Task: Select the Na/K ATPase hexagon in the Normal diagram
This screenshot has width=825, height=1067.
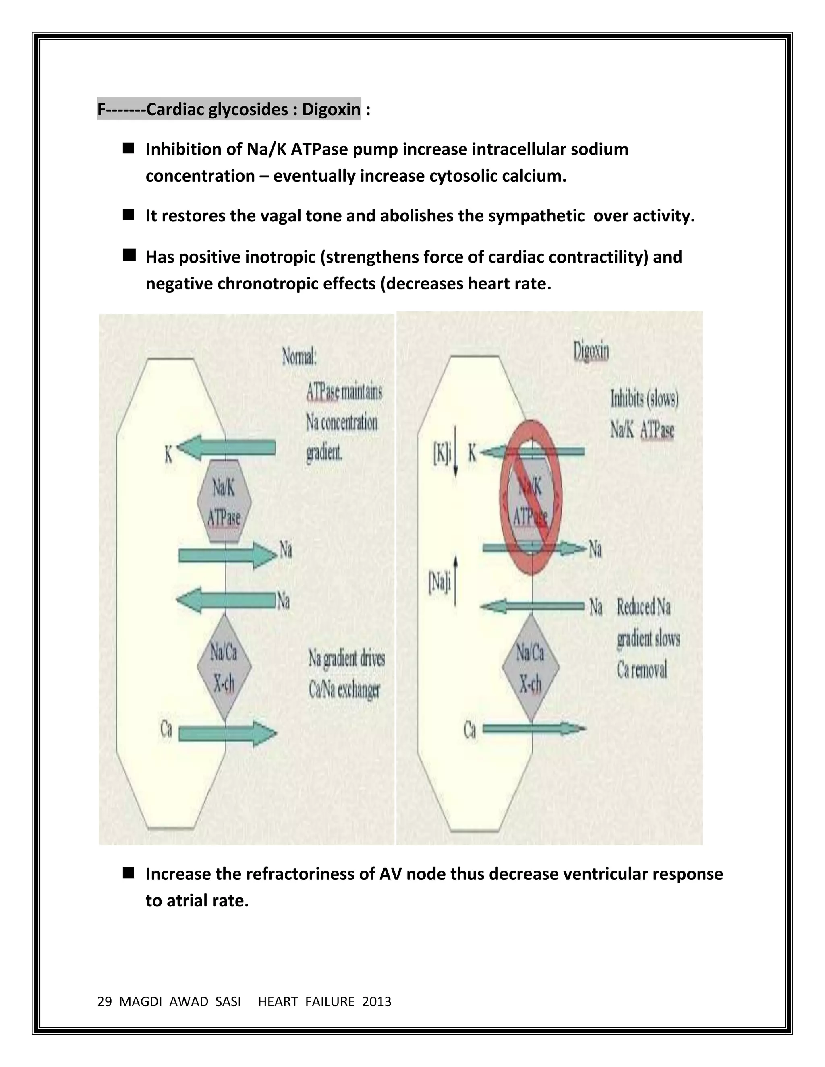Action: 224,501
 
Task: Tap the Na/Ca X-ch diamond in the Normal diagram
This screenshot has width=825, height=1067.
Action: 224,667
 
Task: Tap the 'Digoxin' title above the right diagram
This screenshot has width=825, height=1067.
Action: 591,351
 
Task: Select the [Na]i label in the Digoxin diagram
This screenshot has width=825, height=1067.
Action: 439,584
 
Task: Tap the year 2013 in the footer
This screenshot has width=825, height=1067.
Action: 376,1001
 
